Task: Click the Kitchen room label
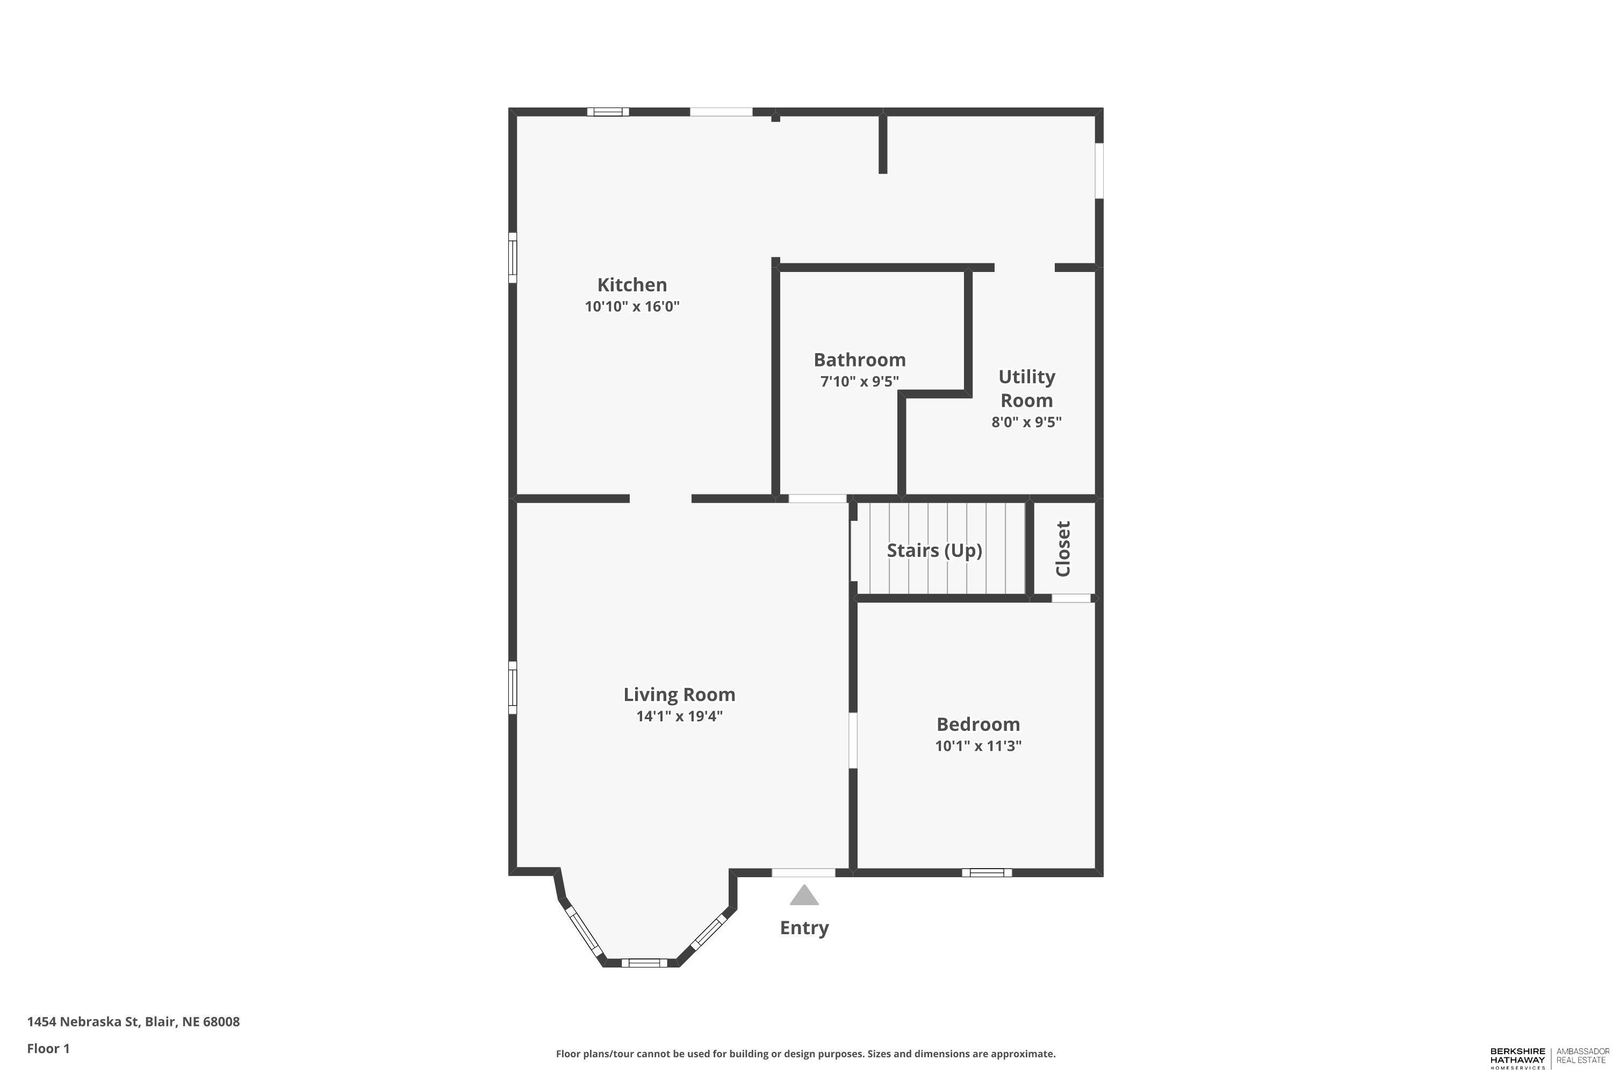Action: [632, 284]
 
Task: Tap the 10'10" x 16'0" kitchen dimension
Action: [632, 306]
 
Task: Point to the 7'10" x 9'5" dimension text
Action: [859, 381]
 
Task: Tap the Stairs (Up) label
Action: [935, 550]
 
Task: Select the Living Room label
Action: [679, 694]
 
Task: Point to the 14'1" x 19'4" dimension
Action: [679, 716]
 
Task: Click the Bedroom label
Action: [978, 724]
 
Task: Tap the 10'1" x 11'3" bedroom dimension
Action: [978, 746]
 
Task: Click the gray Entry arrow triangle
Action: [804, 895]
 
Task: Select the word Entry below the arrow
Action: [804, 928]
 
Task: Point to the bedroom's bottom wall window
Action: [987, 873]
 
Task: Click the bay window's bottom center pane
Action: [644, 963]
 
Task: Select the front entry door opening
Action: [803, 873]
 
